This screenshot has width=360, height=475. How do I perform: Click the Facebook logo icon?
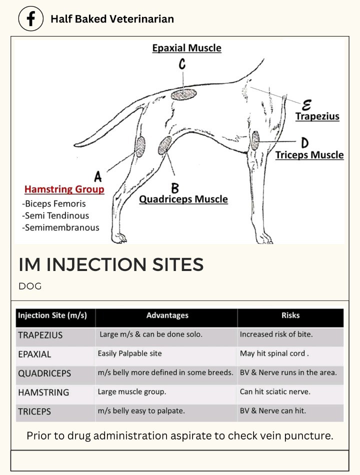point(31,19)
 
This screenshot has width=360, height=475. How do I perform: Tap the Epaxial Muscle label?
point(186,48)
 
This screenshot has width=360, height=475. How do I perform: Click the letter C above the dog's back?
point(182,64)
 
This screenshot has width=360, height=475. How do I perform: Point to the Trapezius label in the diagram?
point(317,116)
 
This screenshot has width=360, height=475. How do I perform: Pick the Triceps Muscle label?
point(309,155)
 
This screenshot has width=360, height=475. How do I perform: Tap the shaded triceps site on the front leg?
point(255,140)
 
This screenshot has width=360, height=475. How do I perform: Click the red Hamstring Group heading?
point(64,189)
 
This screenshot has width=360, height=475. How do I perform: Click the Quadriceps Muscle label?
point(183,199)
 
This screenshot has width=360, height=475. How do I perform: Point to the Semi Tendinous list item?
point(55,215)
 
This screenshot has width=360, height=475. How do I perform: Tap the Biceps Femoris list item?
point(54,203)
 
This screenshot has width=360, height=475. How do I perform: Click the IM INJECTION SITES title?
point(111,264)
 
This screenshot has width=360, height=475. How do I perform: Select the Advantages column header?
point(167,315)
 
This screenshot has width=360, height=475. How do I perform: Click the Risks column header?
point(290,315)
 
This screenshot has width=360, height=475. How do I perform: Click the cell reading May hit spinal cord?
point(274,353)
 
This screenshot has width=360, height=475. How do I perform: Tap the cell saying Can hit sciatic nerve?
point(275,392)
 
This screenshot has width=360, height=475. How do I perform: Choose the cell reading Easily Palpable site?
point(130,353)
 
